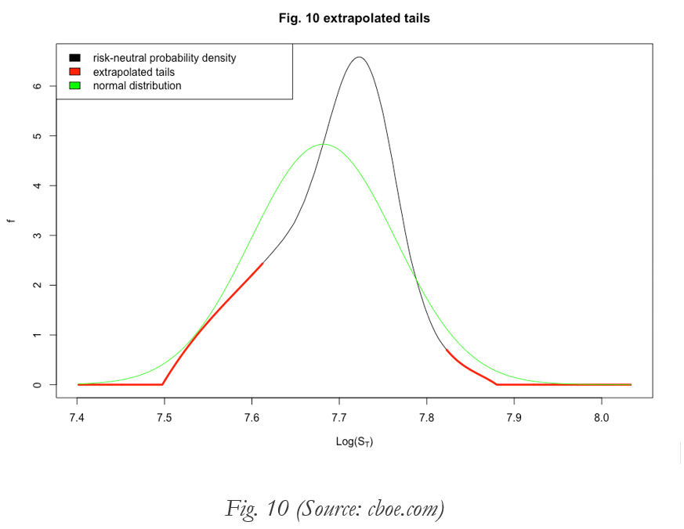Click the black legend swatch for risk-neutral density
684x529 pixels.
(75, 58)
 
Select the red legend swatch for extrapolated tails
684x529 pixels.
(75, 72)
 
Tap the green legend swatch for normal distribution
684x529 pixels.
(75, 86)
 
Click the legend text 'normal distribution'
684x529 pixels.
(137, 86)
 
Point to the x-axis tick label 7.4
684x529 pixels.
(77, 418)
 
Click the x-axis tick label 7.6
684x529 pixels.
(252, 418)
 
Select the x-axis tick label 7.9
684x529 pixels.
(514, 418)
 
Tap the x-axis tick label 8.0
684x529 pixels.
(601, 418)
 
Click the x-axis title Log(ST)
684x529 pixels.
(354, 442)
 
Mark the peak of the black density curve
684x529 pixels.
(359, 57)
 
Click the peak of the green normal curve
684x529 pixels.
(324, 144)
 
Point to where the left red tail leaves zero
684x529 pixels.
(162, 384)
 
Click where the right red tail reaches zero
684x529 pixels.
(497, 384)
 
